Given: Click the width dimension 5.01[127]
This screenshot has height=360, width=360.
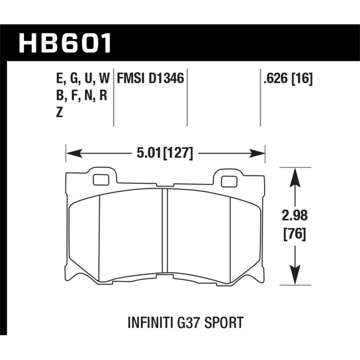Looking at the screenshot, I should pyautogui.click(x=164, y=154).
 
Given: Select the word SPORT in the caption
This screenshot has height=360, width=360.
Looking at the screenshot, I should pyautogui.click(x=225, y=323).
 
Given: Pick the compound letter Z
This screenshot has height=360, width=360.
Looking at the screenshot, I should pyautogui.click(x=59, y=113).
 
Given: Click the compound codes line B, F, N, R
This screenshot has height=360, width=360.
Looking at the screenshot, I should pyautogui.click(x=81, y=96).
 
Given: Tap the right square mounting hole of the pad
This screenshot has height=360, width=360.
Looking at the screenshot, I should pyautogui.click(x=228, y=181).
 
